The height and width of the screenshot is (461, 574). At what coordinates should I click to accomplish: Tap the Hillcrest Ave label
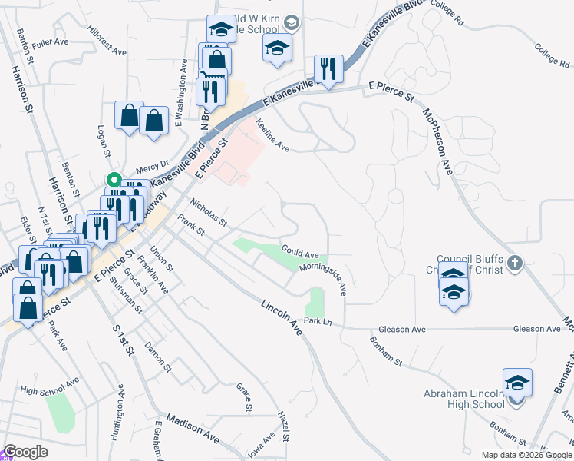click(107, 45)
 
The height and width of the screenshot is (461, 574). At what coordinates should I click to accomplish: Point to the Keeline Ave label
click(272, 135)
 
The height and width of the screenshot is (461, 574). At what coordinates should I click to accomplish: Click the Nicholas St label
click(209, 214)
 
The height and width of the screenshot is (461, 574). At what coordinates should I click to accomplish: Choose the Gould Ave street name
click(299, 253)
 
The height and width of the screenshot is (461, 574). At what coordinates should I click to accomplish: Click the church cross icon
click(514, 264)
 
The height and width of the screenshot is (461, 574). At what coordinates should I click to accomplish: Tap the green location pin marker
click(114, 181)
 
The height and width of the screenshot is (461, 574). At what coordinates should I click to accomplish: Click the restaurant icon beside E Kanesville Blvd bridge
click(328, 68)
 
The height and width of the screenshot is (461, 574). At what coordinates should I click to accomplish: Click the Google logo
click(25, 452)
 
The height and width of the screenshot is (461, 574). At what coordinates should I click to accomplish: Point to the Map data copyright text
click(526, 455)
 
